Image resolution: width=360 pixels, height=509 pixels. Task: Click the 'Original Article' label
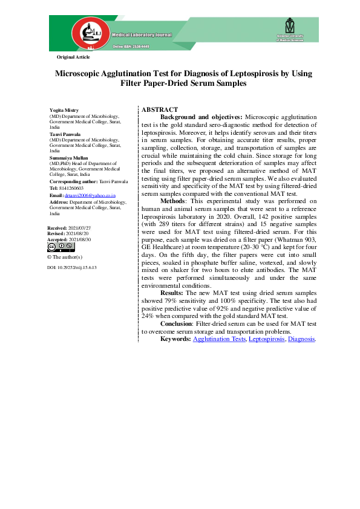[x=73, y=57]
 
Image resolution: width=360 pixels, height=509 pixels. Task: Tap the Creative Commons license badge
[x=61, y=247]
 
